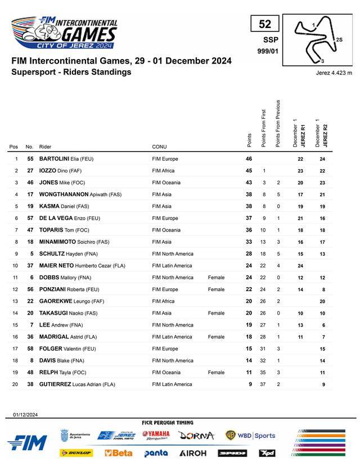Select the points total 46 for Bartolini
coord(249,159)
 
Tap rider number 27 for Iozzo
coord(30,171)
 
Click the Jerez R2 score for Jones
coord(322,183)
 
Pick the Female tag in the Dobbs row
coord(216,278)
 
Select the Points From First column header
coord(263,128)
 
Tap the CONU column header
coord(159,147)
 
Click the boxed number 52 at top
coord(265,24)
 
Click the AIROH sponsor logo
coord(193,453)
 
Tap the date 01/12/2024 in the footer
coord(25,414)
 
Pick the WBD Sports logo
coord(250,436)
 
